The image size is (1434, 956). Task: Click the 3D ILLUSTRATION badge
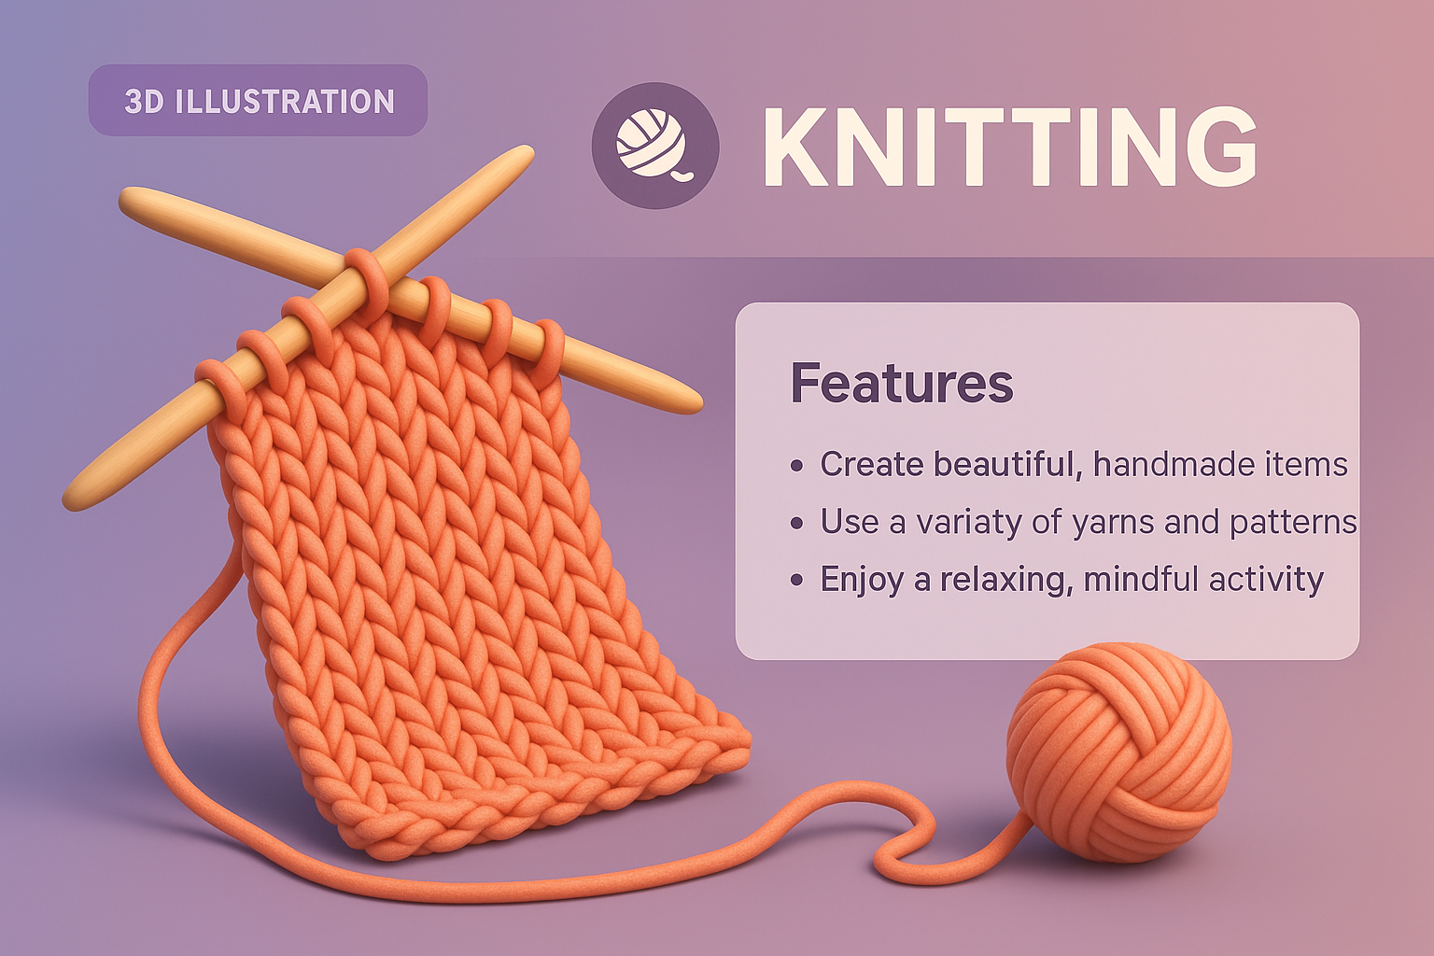pyautogui.click(x=259, y=101)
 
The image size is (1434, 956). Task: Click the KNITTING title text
pyautogui.click(x=1008, y=148)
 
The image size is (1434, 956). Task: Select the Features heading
pyautogui.click(x=901, y=383)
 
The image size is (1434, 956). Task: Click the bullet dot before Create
pyautogui.click(x=796, y=465)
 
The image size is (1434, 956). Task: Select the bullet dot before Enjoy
pyautogui.click(x=796, y=581)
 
